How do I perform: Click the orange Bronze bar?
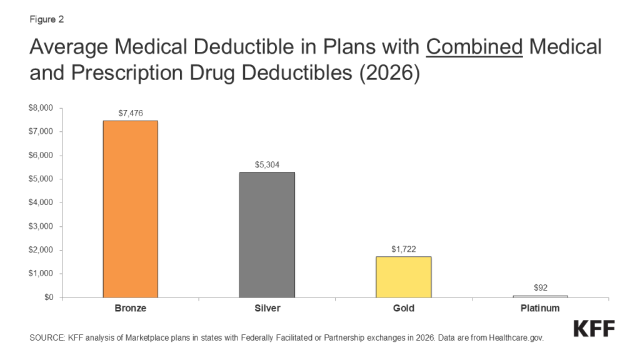click(x=131, y=209)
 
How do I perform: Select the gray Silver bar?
click(x=267, y=234)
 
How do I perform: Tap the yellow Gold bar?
click(x=403, y=277)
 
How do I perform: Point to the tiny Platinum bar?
click(x=540, y=296)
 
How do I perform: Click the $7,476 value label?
click(x=131, y=113)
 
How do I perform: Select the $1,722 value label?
click(x=403, y=249)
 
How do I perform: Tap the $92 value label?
click(x=541, y=288)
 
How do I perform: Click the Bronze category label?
click(x=131, y=309)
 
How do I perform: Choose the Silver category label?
click(x=267, y=309)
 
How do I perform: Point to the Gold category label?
click(x=403, y=309)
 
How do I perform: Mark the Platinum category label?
click(x=540, y=309)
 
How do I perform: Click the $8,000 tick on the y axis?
click(x=42, y=108)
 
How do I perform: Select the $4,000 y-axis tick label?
click(x=42, y=202)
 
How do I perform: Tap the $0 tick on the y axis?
click(x=47, y=297)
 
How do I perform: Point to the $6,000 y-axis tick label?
click(x=42, y=156)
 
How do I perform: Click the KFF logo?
click(x=594, y=329)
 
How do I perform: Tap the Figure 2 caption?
click(x=46, y=19)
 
